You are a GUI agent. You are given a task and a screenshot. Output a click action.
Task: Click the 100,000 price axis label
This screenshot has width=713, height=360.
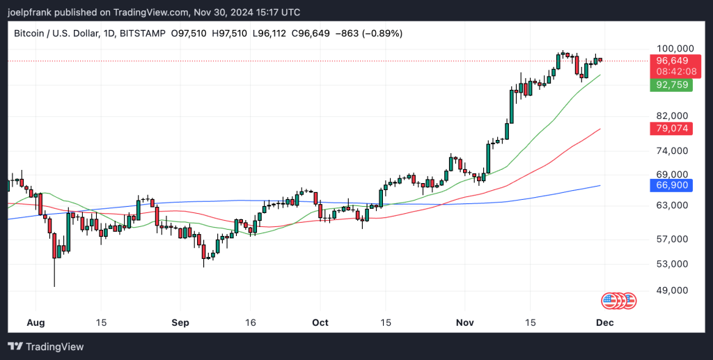point(675,48)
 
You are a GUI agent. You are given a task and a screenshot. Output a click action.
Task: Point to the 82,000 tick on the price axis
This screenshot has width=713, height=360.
point(672,116)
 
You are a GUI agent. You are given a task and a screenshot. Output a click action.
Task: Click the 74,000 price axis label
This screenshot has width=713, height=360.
point(672,150)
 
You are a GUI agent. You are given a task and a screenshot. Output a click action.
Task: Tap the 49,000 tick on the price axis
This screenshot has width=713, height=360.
point(672,290)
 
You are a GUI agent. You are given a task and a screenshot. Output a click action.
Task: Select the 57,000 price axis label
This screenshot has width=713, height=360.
point(672,240)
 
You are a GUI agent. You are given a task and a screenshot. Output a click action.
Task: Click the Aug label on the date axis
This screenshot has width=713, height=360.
point(35,323)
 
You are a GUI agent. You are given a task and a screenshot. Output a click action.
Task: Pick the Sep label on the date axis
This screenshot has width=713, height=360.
point(180,323)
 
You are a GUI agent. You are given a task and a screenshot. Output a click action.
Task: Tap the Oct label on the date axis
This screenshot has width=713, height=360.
point(320,323)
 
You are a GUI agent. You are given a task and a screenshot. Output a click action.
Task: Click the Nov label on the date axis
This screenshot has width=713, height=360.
point(464,323)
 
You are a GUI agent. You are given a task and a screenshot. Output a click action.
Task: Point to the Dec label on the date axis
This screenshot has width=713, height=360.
point(604,323)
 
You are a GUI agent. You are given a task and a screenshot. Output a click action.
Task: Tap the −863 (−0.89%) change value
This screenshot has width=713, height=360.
point(368,33)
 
